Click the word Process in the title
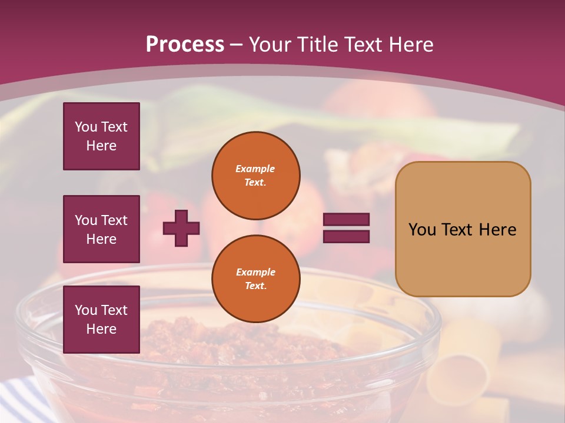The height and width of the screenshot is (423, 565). click(x=185, y=45)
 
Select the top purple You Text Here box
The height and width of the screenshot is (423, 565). click(x=101, y=136)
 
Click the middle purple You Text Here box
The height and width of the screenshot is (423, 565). click(x=101, y=229)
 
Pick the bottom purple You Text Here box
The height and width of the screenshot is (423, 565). click(x=101, y=320)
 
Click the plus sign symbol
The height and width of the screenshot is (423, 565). click(x=181, y=228)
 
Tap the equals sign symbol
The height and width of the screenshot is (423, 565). click(x=346, y=228)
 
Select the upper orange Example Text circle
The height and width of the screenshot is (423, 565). click(x=255, y=176)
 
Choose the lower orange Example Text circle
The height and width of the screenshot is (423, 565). click(x=255, y=279)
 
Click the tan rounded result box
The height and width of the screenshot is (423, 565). click(x=463, y=229)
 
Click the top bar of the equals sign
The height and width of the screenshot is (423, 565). click(x=346, y=220)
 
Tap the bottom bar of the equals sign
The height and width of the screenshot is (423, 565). click(x=346, y=236)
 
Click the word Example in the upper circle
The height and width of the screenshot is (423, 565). click(x=255, y=169)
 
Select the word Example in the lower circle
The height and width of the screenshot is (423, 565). click(x=255, y=272)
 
